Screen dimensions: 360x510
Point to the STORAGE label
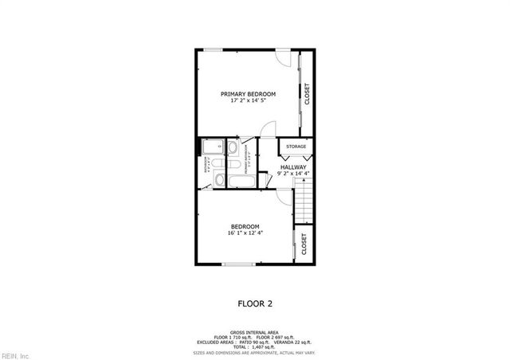coord(296,147)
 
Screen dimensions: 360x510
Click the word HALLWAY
coord(293,166)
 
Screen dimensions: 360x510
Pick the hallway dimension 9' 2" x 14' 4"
coord(293,174)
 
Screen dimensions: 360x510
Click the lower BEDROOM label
coord(246,226)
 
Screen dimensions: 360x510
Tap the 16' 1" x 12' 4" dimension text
coord(246,233)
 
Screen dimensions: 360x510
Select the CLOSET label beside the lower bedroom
coord(304,244)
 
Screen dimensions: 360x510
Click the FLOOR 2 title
coord(255,303)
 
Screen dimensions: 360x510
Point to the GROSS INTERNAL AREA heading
coord(254,332)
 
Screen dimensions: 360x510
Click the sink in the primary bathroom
coord(232,148)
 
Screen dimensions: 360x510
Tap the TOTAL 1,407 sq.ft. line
coord(254,346)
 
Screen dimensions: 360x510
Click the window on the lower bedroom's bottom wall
coord(238,264)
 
